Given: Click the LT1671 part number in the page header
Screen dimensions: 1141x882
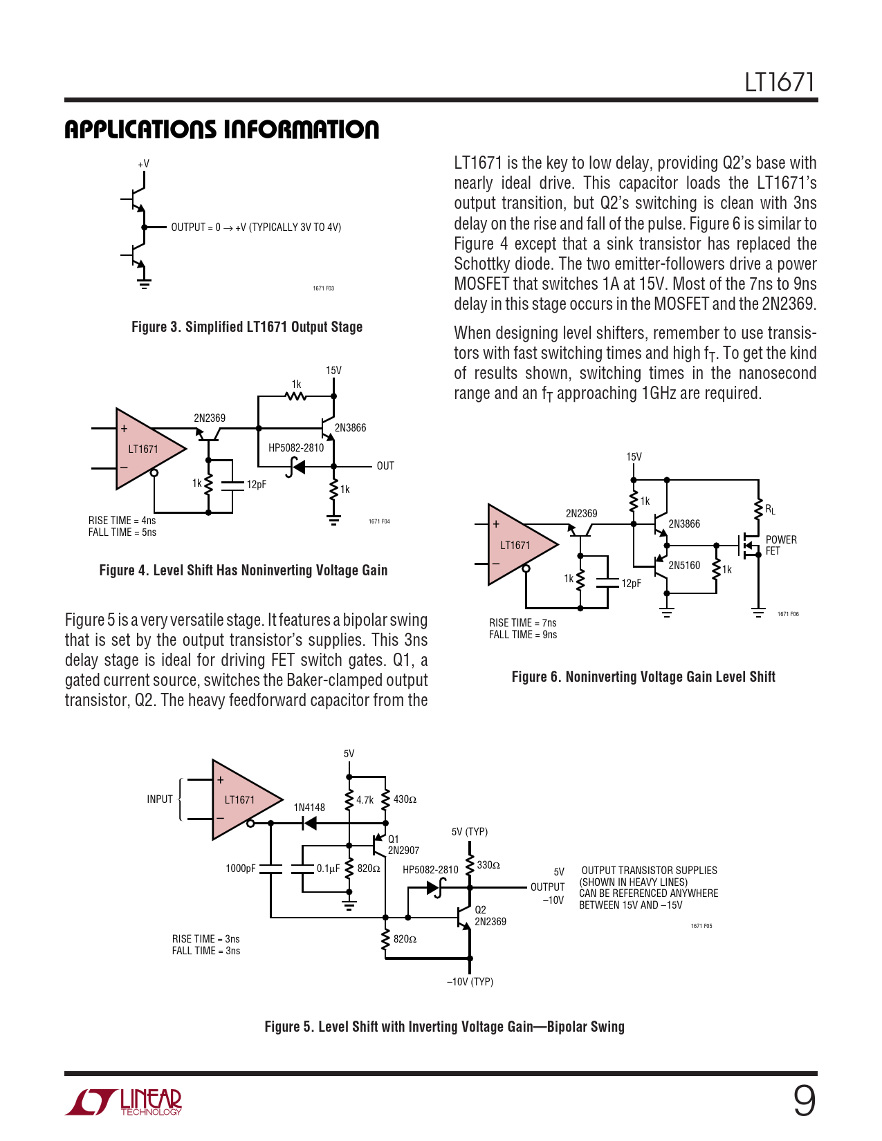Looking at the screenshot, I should (x=779, y=82).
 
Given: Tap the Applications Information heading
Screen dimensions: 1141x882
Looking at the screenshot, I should (x=221, y=129).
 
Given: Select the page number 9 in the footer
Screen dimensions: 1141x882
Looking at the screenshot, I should (x=804, y=1101).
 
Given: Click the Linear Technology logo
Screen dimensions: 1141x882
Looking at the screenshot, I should (x=125, y=1102).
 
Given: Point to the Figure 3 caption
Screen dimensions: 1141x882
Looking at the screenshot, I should (x=247, y=327).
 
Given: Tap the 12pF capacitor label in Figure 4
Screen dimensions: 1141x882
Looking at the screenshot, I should (x=257, y=485).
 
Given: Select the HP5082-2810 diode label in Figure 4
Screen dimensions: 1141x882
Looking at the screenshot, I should (x=296, y=447).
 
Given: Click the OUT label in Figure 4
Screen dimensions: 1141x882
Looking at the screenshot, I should (x=385, y=466).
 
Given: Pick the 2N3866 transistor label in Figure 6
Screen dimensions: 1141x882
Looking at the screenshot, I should (x=684, y=524).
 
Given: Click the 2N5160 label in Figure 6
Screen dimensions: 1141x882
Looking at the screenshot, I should (x=684, y=566).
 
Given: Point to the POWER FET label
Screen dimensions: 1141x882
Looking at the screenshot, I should (x=781, y=545).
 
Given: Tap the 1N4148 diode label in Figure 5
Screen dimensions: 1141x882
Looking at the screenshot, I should (x=309, y=808).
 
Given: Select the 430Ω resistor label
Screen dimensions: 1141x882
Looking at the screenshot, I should (x=405, y=799).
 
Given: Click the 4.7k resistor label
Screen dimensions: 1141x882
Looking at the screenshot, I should (x=365, y=800).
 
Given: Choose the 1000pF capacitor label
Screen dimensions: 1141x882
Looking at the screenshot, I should (x=241, y=869).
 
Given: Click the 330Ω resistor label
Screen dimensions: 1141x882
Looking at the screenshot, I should (x=488, y=865).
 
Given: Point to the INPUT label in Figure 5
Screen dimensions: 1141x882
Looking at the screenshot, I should (x=160, y=799).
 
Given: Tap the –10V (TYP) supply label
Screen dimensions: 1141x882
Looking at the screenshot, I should (x=470, y=982).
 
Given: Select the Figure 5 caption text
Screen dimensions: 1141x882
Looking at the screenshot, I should (x=444, y=1027).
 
